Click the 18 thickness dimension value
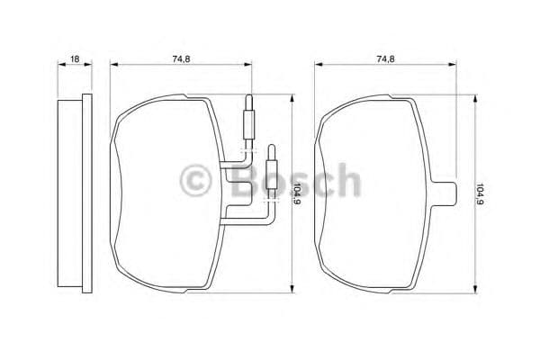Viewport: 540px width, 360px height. pyautogui.click(x=75, y=58)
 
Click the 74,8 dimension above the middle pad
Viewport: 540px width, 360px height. pyautogui.click(x=181, y=58)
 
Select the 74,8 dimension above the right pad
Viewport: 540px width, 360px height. pyautogui.click(x=385, y=58)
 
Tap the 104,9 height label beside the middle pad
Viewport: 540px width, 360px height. pyautogui.click(x=296, y=194)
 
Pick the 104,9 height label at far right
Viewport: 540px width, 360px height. pyautogui.click(x=480, y=194)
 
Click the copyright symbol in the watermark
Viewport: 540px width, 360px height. pyautogui.click(x=195, y=181)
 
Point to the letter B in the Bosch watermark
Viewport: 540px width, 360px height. pyautogui.click(x=245, y=181)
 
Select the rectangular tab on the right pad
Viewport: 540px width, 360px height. pyautogui.click(x=445, y=194)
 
